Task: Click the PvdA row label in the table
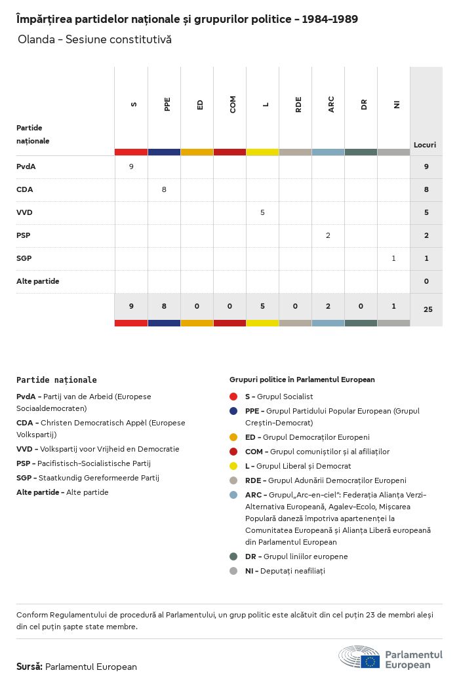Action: click(x=26, y=166)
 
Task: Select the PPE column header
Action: click(x=167, y=104)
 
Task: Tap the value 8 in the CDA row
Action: click(x=164, y=189)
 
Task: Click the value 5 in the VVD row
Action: click(x=262, y=212)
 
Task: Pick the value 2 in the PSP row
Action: click(x=328, y=235)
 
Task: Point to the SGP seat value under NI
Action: click(x=393, y=258)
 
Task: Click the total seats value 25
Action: click(x=428, y=309)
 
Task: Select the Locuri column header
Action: click(x=425, y=145)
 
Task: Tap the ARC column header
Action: click(x=331, y=104)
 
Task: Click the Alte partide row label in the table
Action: click(x=38, y=281)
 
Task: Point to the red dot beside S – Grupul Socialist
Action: click(x=233, y=397)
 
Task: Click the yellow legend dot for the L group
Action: click(x=233, y=466)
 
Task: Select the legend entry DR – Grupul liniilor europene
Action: click(x=296, y=556)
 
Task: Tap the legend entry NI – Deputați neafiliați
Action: click(x=285, y=571)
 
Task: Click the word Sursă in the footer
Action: click(x=30, y=667)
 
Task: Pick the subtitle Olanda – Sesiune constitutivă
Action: click(x=94, y=39)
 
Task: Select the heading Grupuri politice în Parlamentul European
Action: click(x=302, y=380)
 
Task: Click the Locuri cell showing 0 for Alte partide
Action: click(x=426, y=281)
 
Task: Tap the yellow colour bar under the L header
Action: click(x=262, y=152)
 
